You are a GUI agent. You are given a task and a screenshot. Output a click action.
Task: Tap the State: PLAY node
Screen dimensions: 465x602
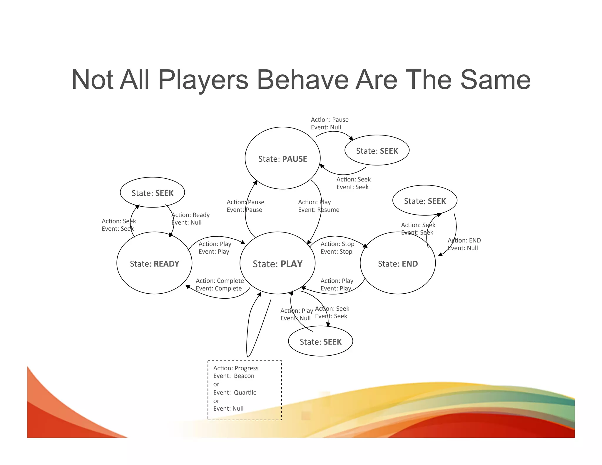coord(277,263)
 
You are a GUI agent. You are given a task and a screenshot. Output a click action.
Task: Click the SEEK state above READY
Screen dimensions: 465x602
coord(152,193)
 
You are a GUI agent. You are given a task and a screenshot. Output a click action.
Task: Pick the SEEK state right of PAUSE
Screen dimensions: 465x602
coord(377,150)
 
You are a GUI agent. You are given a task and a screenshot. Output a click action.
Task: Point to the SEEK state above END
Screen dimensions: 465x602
coord(425,200)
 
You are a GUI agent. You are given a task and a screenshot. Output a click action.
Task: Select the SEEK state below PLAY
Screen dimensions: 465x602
coord(320,341)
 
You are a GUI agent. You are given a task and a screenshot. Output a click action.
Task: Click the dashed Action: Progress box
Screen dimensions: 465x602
coord(245,390)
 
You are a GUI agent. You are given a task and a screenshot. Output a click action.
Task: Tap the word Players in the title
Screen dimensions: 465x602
coord(203,80)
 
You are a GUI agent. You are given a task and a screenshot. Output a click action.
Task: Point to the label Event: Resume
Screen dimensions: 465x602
coord(319,210)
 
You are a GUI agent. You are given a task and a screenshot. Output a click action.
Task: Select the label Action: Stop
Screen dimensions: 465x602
coord(337,244)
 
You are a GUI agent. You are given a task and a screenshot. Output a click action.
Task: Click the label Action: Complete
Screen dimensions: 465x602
coord(220,281)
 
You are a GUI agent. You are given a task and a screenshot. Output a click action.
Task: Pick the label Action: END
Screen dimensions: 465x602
coord(464,240)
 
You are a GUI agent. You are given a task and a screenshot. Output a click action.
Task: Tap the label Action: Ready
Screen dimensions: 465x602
coord(190,215)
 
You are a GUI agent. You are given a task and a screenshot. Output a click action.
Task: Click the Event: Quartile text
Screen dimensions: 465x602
coord(235,392)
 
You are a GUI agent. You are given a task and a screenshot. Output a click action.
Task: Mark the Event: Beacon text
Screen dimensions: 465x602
coord(234,376)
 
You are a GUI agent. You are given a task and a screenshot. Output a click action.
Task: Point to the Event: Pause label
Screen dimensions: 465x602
coord(244,210)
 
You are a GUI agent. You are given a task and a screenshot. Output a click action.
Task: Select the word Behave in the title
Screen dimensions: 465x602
coord(303,80)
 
